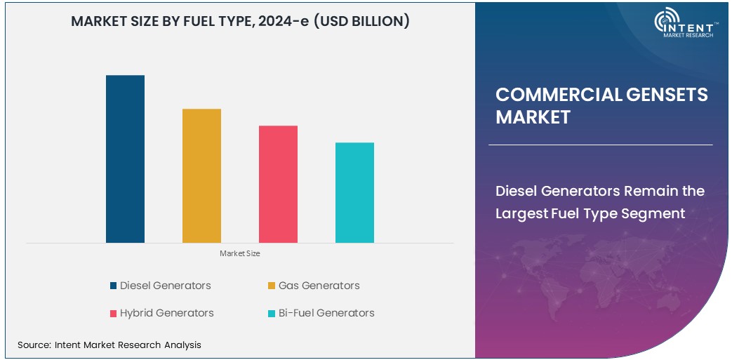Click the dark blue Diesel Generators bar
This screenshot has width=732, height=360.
tap(125, 159)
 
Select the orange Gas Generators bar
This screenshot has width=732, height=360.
tap(201, 175)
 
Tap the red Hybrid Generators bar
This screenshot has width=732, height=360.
tap(278, 184)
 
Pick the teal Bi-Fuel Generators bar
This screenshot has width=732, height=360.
tap(354, 192)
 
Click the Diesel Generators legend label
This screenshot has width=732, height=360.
tap(165, 286)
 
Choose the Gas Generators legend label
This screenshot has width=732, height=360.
tap(319, 286)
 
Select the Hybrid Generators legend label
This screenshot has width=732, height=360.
tap(166, 313)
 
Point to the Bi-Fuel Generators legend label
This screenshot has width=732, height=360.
tap(326, 313)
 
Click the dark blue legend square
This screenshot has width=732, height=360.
tap(113, 286)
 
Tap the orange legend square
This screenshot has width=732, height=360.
tap(272, 286)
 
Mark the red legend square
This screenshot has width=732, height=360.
tap(113, 313)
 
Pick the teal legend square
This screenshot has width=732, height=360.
tap(272, 313)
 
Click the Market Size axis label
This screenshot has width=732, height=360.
tap(239, 253)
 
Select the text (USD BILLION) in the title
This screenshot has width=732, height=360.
tap(361, 22)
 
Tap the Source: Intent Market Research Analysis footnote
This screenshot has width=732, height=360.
tap(109, 345)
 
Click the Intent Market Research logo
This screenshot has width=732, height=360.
tap(684, 24)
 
